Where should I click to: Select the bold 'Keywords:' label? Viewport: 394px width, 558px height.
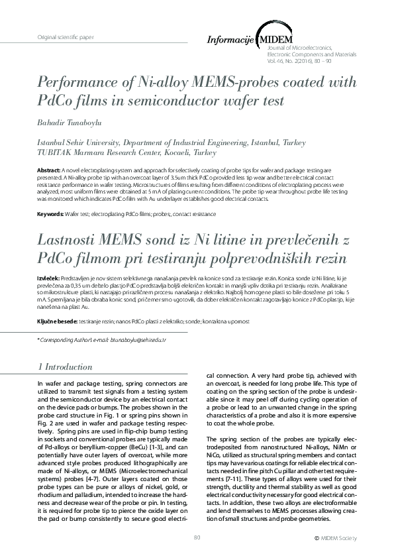[x=50, y=215]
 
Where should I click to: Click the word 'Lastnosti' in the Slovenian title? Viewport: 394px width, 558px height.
[x=69, y=241]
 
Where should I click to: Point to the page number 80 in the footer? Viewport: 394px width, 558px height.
[x=197, y=537]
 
